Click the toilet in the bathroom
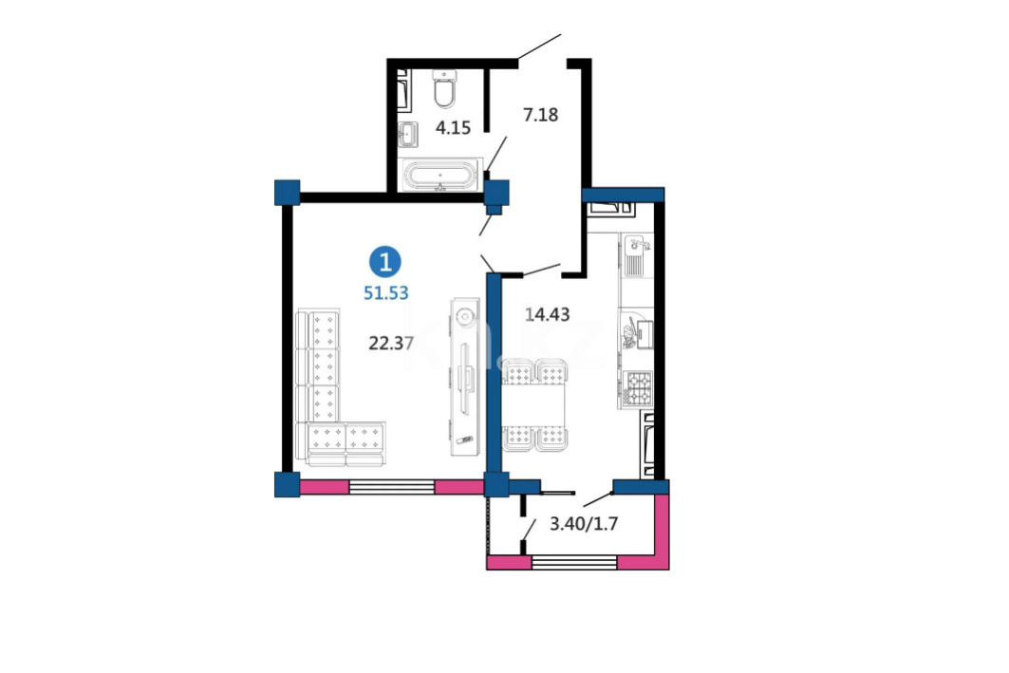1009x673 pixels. coord(444,89)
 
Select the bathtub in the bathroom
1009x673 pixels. coord(440,175)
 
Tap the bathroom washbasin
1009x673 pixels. coord(408,135)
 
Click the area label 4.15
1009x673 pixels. coord(453,127)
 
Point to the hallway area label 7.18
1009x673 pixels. coord(540,115)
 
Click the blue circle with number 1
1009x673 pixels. coord(384,263)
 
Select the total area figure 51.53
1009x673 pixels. coord(386,292)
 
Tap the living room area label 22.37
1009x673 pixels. coord(391,344)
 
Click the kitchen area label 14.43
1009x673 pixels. coord(547,314)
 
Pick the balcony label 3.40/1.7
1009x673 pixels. coord(584,524)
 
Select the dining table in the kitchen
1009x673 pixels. coord(535,404)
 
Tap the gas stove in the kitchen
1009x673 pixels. coord(637,389)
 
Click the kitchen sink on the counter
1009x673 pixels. coord(636,256)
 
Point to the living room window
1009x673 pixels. coord(392,487)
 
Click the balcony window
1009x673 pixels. coord(574,563)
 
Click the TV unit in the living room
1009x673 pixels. coord(464,377)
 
